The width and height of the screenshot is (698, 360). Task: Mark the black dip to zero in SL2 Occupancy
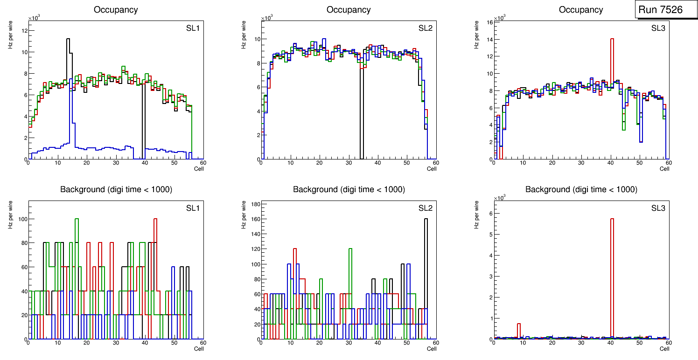(x=361, y=117)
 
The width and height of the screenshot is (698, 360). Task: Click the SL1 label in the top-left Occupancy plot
(x=193, y=28)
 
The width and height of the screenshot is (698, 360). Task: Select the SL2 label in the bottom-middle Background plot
(x=425, y=208)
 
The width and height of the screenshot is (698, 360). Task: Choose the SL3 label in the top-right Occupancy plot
(x=658, y=28)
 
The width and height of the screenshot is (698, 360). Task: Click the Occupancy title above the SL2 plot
(x=348, y=10)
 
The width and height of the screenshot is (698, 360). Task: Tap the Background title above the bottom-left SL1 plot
(x=116, y=189)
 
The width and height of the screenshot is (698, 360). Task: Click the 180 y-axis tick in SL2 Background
(x=255, y=204)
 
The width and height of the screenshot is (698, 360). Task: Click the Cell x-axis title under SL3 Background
(x=664, y=348)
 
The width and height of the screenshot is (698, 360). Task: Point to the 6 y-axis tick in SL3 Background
(x=491, y=213)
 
